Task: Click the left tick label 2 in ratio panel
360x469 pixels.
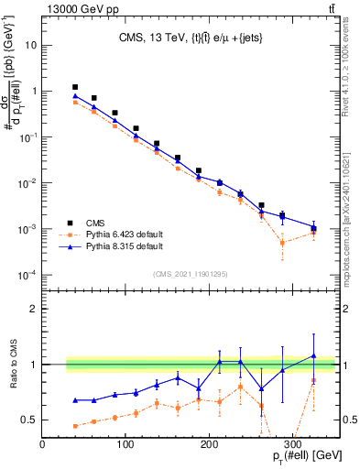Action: click(32, 309)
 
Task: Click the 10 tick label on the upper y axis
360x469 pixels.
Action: click(32, 45)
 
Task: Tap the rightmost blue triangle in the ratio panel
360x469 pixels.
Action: click(313, 355)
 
